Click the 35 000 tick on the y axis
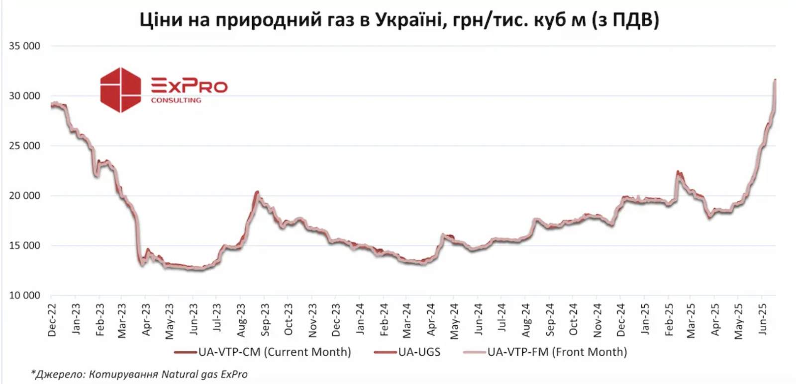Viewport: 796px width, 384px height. (24, 46)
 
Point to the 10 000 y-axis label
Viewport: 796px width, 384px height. (24, 296)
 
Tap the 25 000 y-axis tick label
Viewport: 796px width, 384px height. (24, 146)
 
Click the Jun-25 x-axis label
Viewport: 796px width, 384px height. (763, 319)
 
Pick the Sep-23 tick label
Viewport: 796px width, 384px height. (265, 320)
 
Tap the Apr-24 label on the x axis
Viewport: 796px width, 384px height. (431, 320)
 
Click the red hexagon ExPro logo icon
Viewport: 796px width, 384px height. (120, 90)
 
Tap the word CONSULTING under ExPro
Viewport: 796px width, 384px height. (176, 100)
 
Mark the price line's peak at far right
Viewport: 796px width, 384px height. (775, 79)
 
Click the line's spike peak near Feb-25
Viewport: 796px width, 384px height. (678, 171)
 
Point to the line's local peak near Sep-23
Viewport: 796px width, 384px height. (257, 192)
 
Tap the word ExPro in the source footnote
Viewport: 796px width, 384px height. (234, 374)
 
